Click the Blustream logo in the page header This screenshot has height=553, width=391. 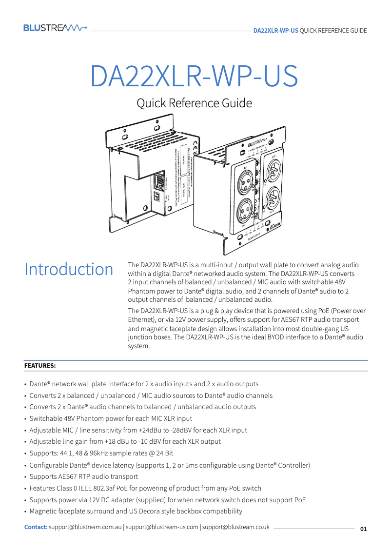(55, 28)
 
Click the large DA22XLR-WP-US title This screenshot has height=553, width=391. (194, 76)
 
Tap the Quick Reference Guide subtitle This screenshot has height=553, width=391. (194, 103)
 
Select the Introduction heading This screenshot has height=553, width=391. (69, 269)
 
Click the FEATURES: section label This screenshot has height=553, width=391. (40, 365)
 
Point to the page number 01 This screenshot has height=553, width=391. (363, 529)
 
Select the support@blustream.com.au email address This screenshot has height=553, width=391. (85, 527)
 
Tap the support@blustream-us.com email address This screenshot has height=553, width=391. (162, 527)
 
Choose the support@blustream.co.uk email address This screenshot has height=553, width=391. (235, 527)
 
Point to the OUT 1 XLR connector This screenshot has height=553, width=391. (274, 170)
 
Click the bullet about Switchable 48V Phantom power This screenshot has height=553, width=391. (111, 418)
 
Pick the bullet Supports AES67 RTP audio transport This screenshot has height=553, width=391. (83, 476)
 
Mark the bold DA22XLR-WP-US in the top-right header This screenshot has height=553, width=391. (275, 30)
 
